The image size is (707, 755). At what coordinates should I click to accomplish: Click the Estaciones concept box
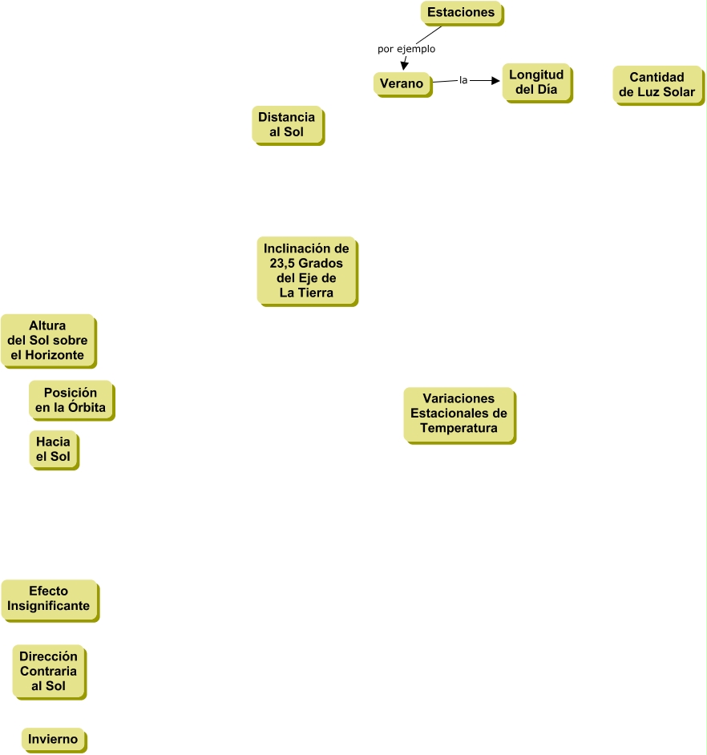pyautogui.click(x=461, y=13)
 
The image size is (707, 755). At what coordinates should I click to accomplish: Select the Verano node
pyautogui.click(x=402, y=83)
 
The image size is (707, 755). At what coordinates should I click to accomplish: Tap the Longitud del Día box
pyautogui.click(x=536, y=83)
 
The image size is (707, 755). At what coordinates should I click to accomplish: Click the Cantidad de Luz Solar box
pyautogui.click(x=656, y=84)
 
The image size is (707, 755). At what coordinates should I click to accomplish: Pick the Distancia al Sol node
pyautogui.click(x=287, y=124)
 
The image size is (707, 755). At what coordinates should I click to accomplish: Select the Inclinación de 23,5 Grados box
pyautogui.click(x=306, y=271)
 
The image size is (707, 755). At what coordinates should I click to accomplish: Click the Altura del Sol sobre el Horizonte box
pyautogui.click(x=47, y=341)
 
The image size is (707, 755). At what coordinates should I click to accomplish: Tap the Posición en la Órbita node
pyautogui.click(x=71, y=400)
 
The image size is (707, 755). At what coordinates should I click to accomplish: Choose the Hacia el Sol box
pyautogui.click(x=54, y=449)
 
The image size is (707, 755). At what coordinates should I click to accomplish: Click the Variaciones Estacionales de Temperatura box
pyautogui.click(x=459, y=414)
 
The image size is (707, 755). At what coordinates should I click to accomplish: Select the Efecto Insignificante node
pyautogui.click(x=49, y=599)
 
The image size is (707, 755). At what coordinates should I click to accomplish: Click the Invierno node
pyautogui.click(x=53, y=739)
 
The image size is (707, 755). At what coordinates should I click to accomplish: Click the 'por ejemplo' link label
pyautogui.click(x=406, y=49)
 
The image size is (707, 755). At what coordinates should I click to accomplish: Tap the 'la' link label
pyautogui.click(x=463, y=80)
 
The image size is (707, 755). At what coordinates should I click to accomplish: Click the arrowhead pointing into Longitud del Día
pyautogui.click(x=495, y=80)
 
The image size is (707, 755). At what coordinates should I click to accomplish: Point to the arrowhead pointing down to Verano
pyautogui.click(x=405, y=67)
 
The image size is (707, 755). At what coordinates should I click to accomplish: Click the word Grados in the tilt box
pyautogui.click(x=322, y=264)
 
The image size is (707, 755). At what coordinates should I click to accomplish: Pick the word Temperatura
pyautogui.click(x=459, y=429)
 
